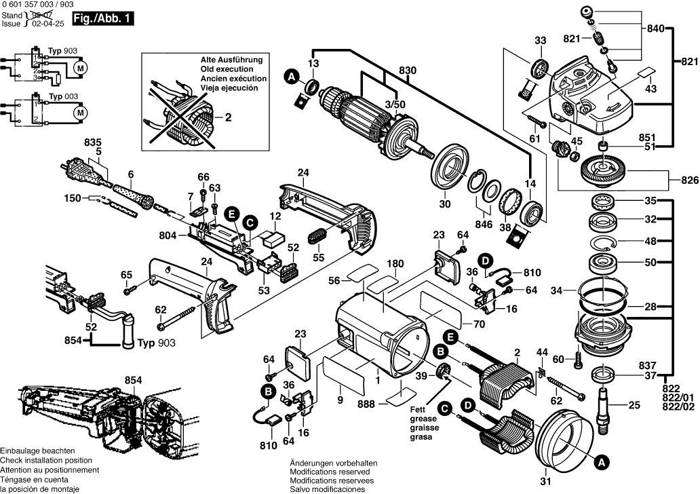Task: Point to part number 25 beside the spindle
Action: tap(634, 406)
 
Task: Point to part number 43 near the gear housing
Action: tap(651, 89)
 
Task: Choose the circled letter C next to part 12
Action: tap(250, 222)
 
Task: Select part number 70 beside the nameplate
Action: tap(479, 324)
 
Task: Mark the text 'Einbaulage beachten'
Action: tap(37, 451)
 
